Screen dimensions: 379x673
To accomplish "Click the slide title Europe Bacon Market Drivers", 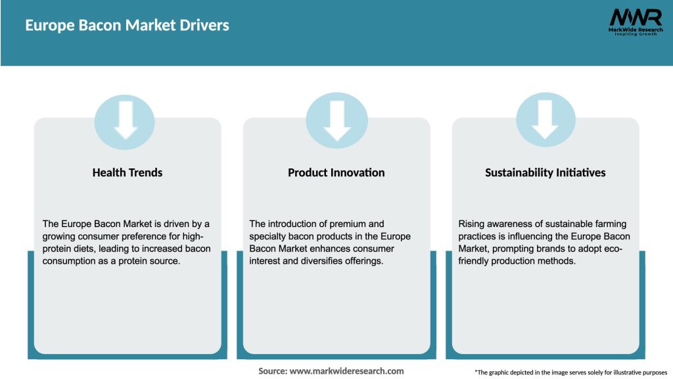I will [x=127, y=26].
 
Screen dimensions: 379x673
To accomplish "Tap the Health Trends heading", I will [x=128, y=172].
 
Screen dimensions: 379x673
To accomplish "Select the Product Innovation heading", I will [x=336, y=172].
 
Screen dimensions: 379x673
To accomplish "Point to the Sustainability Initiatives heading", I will [x=545, y=172].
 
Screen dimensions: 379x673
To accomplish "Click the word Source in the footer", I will [x=272, y=371].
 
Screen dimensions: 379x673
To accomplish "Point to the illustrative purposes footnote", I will [x=570, y=372].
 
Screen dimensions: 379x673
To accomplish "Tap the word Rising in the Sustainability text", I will [x=471, y=224].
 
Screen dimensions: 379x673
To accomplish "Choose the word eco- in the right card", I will [x=612, y=249].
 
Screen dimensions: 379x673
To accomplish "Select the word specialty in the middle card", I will [x=268, y=236].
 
